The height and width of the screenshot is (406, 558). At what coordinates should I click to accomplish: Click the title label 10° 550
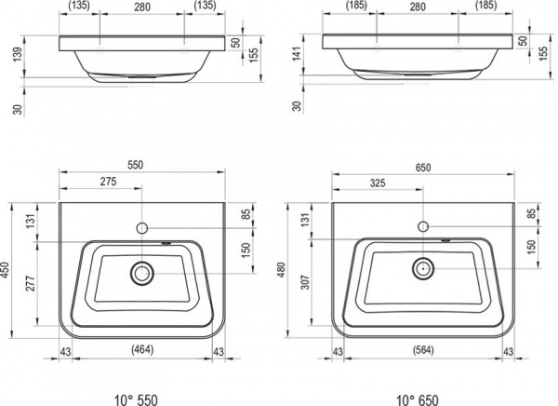[136, 399]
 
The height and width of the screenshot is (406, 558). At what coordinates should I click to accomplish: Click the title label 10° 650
[417, 399]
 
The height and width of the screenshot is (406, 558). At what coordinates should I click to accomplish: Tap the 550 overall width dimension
[136, 165]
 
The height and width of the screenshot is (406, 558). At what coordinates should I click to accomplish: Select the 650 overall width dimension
[423, 168]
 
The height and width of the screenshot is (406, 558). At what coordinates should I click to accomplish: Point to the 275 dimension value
[108, 182]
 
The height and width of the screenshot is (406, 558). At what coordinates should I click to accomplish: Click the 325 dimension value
[378, 183]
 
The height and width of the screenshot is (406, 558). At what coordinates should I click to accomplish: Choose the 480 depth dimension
[281, 270]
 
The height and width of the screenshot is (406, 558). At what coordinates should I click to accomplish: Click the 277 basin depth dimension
[31, 283]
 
